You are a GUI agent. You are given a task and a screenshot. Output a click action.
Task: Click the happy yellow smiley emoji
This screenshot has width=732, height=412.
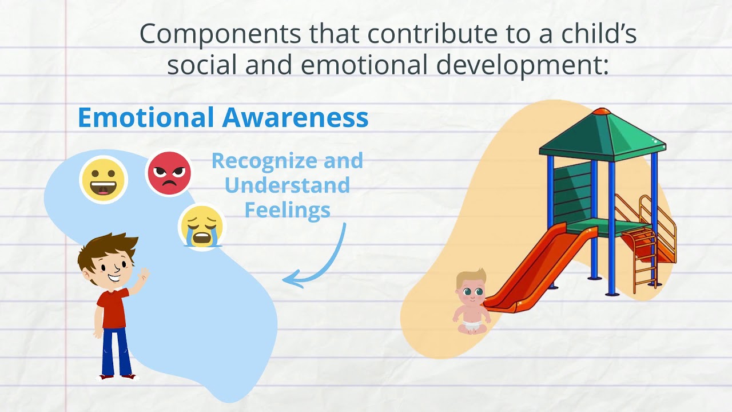click(x=104, y=179)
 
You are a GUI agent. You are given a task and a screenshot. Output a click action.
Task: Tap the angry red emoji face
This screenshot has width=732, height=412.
click(x=169, y=173)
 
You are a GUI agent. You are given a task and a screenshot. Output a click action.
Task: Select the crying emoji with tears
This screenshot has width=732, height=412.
click(x=202, y=227)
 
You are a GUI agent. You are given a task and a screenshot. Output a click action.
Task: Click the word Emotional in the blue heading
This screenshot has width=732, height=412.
click(x=146, y=117)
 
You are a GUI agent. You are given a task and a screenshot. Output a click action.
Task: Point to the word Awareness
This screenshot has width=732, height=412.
click(x=295, y=117)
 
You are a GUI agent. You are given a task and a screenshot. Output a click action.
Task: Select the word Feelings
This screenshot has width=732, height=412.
click(x=287, y=209)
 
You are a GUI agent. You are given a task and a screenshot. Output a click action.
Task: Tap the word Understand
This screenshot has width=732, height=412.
click(x=287, y=185)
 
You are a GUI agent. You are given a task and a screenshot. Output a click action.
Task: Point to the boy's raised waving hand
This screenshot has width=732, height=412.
click(x=142, y=276)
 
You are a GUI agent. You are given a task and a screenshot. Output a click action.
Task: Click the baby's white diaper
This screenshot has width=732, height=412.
click(x=471, y=326)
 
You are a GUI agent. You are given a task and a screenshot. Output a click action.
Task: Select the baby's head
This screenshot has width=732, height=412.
click(x=471, y=288)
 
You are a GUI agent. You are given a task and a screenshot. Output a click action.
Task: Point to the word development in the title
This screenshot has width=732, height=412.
click(x=511, y=65)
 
